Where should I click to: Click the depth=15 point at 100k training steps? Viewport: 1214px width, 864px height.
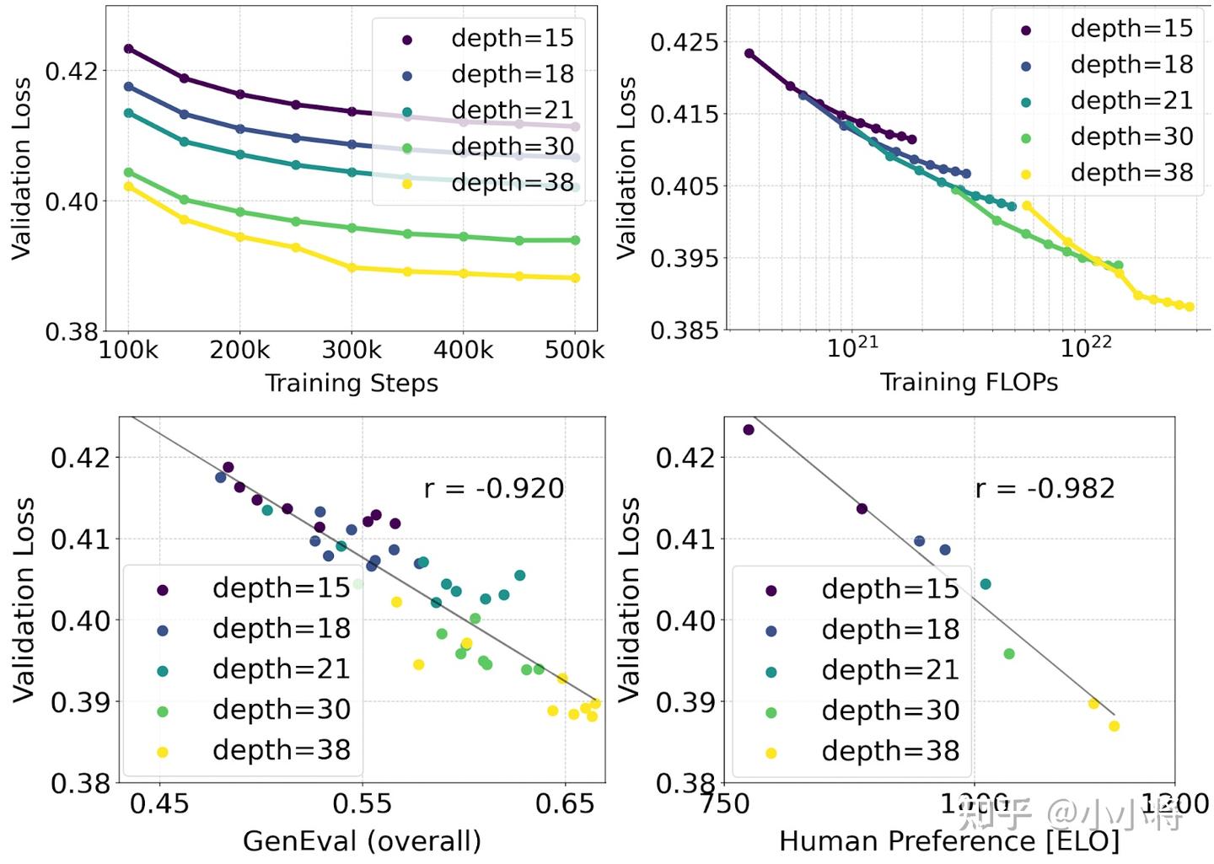[129, 49]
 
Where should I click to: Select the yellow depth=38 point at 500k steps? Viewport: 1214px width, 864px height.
[575, 277]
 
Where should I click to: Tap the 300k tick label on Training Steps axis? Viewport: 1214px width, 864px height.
[352, 350]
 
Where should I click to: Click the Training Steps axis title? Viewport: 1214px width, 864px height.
[352, 383]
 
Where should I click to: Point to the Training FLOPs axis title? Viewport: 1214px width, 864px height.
[969, 382]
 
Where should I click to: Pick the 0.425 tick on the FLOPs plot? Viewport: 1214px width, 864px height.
[685, 41]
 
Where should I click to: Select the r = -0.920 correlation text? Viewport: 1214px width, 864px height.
[494, 488]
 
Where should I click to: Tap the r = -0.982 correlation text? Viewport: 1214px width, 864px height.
[1045, 488]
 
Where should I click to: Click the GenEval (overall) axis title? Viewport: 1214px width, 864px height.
[362, 840]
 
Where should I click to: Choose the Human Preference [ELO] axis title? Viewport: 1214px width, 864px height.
[949, 840]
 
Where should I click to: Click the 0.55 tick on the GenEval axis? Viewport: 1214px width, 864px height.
[363, 803]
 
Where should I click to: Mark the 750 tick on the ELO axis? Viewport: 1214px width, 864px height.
[725, 803]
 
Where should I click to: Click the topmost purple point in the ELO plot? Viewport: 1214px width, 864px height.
[749, 430]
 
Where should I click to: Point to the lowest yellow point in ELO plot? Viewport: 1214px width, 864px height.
[1114, 726]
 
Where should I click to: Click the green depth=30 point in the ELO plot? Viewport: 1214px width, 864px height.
[1009, 653]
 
